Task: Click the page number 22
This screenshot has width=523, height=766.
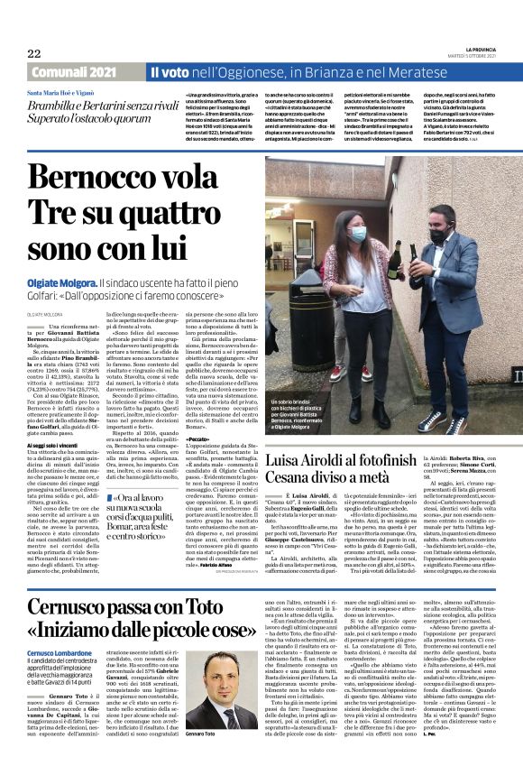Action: pyautogui.click(x=34, y=53)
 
